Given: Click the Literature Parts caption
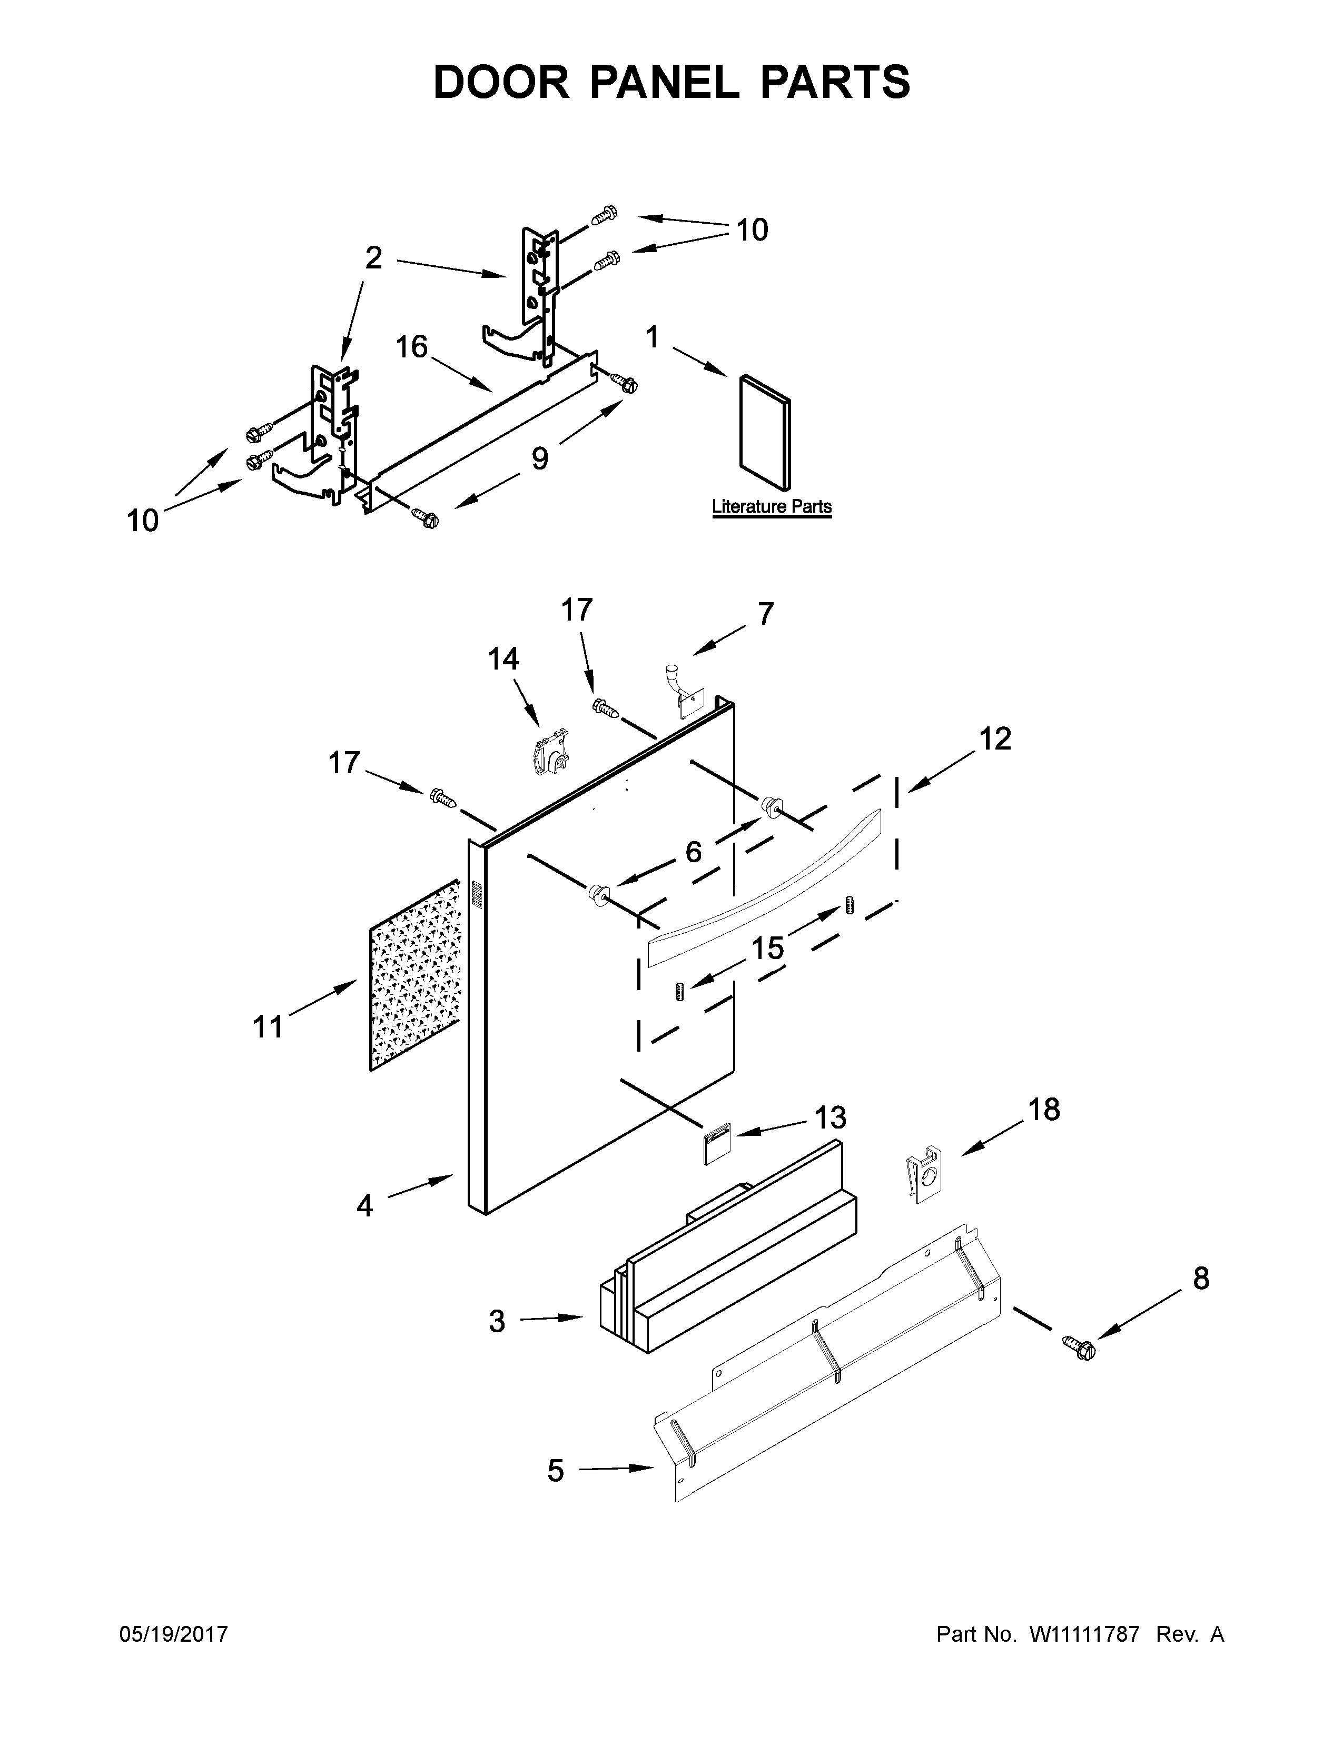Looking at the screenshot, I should (x=771, y=506).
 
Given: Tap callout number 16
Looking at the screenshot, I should (x=411, y=347).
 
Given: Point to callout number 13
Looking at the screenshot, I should (x=830, y=1117).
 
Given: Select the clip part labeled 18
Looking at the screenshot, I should (x=923, y=1173).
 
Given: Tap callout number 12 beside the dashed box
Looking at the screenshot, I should (x=994, y=739).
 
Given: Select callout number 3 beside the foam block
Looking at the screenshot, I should (x=497, y=1322).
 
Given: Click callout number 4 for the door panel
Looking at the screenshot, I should (x=364, y=1206).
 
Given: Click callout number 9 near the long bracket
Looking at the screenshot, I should (x=539, y=459).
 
